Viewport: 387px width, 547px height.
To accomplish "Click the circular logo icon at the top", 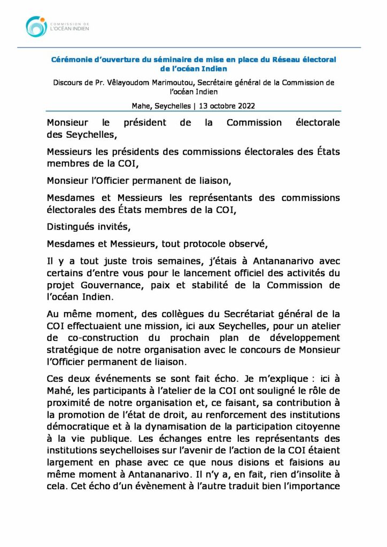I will pos(36,27).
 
